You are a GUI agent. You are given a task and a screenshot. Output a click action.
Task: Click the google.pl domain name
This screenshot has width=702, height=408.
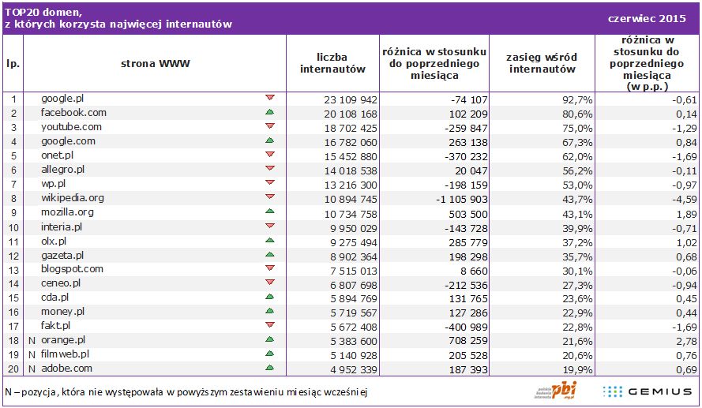click(x=62, y=99)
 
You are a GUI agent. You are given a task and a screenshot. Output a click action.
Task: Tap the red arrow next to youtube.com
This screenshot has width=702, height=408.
click(x=270, y=126)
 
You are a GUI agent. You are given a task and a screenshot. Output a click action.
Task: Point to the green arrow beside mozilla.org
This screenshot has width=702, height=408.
click(x=270, y=211)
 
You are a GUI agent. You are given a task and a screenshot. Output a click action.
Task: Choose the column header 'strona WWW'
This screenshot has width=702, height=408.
click(x=156, y=63)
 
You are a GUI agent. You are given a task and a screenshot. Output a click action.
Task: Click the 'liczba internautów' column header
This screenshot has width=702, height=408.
click(x=332, y=63)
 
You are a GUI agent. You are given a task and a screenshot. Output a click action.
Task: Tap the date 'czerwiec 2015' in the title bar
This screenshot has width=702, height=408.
click(x=647, y=17)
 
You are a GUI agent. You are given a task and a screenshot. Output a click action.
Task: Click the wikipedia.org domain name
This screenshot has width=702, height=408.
click(x=73, y=198)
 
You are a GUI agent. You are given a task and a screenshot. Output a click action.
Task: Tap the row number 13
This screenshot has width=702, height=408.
click(x=13, y=269)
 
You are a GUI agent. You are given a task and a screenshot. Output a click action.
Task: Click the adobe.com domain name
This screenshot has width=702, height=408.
click(x=67, y=368)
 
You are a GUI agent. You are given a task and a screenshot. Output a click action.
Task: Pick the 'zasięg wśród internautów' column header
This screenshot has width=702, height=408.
click(x=542, y=63)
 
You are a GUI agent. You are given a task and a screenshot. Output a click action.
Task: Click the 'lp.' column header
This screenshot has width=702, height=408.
click(x=13, y=63)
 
